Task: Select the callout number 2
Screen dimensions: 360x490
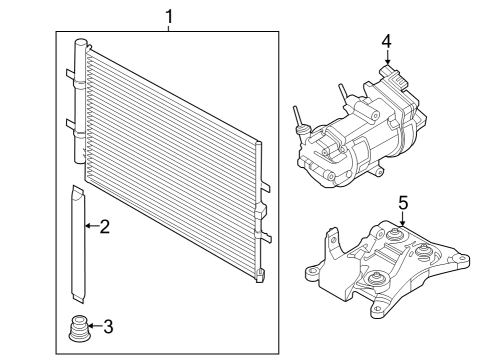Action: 104,228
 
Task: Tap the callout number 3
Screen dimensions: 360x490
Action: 109,325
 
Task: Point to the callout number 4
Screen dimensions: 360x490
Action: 386,41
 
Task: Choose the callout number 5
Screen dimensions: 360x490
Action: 403,203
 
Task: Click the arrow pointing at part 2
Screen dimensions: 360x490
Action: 90,228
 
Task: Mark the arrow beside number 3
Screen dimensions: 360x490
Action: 93,325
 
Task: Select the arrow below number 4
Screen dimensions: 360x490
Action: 386,60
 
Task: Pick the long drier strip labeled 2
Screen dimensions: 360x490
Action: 78,245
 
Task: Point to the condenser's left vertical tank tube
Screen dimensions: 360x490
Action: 81,110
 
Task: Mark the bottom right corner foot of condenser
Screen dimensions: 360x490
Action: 260,274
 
